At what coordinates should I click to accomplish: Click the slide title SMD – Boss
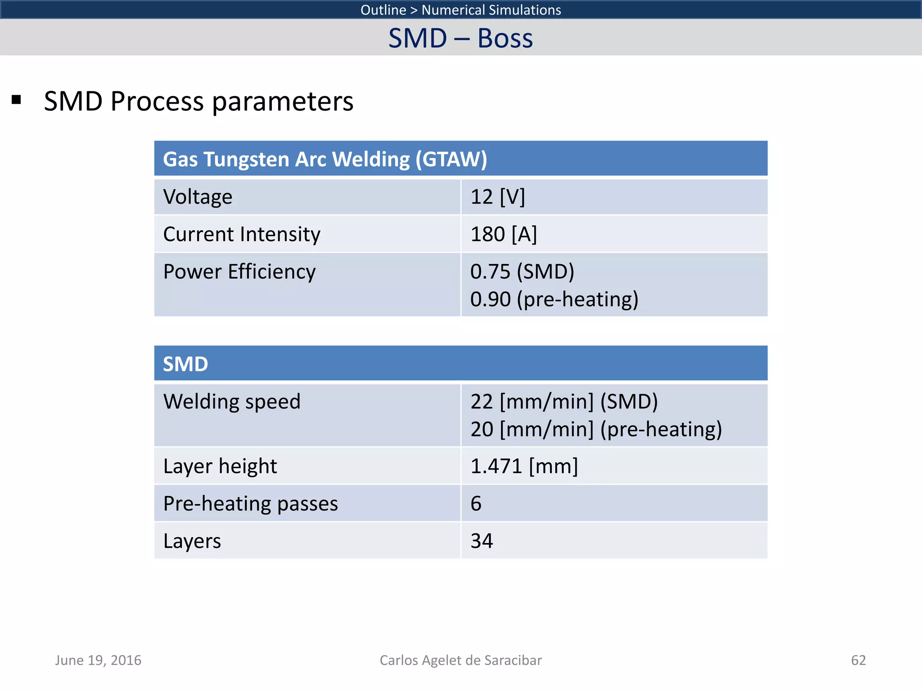pos(461,38)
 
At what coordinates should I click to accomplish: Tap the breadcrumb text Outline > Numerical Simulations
pos(461,9)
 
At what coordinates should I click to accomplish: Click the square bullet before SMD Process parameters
pos(17,100)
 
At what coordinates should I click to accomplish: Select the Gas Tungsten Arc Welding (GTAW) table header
pos(325,159)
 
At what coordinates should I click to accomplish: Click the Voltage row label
pos(198,197)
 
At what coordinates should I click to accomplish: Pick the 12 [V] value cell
pos(497,197)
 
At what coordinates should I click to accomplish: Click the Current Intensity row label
pos(241,234)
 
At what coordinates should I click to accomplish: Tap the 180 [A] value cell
pos(503,234)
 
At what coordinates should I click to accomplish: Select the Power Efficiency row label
pos(239,272)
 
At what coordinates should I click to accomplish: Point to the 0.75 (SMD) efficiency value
pos(522,272)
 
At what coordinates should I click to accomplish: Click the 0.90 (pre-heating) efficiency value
pos(554,299)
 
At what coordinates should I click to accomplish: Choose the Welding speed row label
pos(231,401)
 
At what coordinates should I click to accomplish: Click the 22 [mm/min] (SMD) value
pos(564,401)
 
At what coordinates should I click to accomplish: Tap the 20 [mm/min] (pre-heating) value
pos(596,429)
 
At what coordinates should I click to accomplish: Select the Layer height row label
pos(220,466)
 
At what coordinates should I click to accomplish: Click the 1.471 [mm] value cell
pos(524,466)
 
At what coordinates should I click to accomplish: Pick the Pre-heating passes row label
pos(250,504)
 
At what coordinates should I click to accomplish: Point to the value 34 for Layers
pos(482,541)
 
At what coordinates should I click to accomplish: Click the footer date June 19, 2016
pos(98,660)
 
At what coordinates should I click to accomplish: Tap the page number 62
pos(858,660)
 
